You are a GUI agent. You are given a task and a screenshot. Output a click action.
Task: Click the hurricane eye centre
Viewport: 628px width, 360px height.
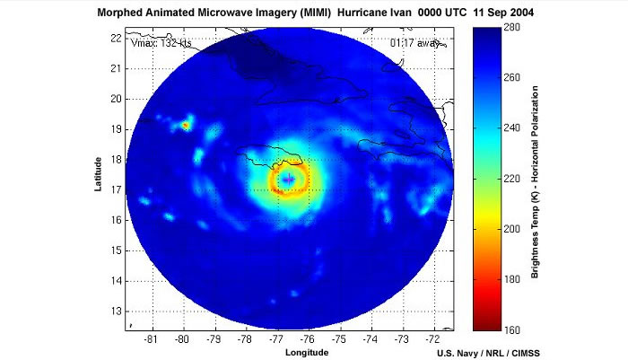coord(289,180)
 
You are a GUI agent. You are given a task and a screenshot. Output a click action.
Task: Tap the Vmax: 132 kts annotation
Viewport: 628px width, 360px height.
coord(161,42)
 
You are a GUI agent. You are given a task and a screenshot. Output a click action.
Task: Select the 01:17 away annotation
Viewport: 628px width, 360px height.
coord(408,42)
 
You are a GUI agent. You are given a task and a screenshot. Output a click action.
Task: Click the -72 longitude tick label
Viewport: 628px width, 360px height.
coord(433,339)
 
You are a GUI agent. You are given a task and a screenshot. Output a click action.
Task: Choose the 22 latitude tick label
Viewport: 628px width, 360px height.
coord(117,37)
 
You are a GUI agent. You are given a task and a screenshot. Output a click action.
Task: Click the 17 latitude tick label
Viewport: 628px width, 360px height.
coord(117,190)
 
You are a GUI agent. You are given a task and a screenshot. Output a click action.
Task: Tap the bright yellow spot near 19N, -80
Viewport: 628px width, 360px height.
coord(186,126)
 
